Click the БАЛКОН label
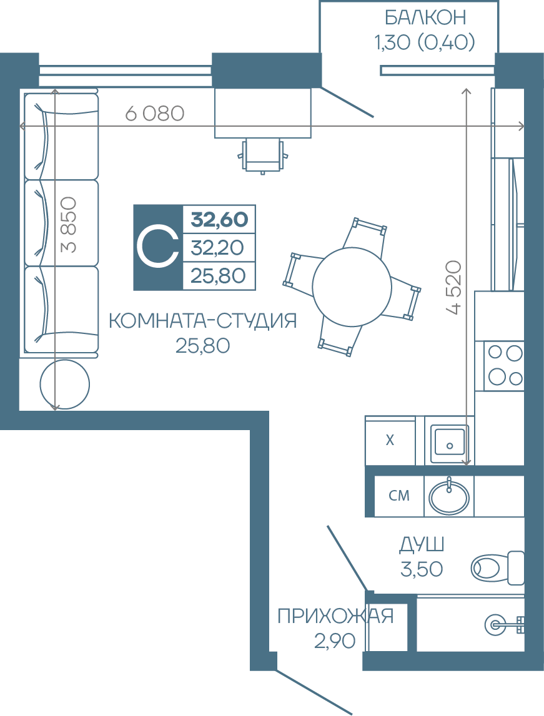tap(425, 18)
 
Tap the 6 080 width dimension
tap(154, 113)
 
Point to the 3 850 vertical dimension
tap(69, 225)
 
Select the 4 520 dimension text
tap(453, 287)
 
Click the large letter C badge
tap(158, 247)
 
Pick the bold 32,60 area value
tap(219, 220)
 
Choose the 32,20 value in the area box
tap(217, 248)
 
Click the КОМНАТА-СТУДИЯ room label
tap(203, 321)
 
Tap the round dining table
tap(352, 287)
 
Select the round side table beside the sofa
tap(65, 384)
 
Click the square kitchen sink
tap(450, 441)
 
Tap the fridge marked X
tap(390, 441)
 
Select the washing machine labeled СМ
tap(398, 496)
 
